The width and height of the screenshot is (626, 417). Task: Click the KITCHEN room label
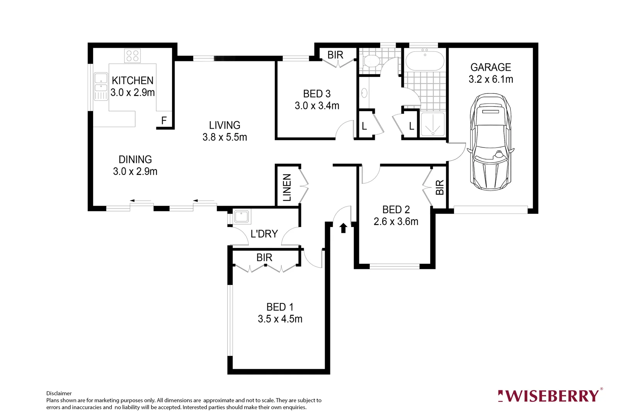tap(133, 80)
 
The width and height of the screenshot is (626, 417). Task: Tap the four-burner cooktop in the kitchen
tap(132, 56)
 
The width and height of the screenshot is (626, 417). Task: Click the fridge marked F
tap(164, 120)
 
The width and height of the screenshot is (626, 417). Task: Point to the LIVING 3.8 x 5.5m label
tap(225, 131)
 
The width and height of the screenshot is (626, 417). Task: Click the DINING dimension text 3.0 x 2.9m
tap(135, 171)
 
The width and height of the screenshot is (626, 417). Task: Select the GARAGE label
tap(490, 67)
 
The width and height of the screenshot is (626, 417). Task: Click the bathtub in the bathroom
tap(425, 61)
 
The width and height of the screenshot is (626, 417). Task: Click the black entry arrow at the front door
tap(343, 228)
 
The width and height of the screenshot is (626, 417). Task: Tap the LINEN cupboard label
tap(287, 187)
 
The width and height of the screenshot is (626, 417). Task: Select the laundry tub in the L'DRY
tap(242, 217)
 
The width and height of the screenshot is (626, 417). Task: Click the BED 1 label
tap(280, 307)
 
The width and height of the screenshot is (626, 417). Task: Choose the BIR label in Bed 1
tap(264, 258)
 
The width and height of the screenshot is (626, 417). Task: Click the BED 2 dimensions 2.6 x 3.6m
tap(396, 222)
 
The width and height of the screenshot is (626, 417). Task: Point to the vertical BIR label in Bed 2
tap(439, 187)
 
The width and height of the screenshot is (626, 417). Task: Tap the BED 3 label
tap(317, 94)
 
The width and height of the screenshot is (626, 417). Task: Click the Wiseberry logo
tap(549, 396)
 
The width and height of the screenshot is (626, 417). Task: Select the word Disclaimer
tap(59, 393)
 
